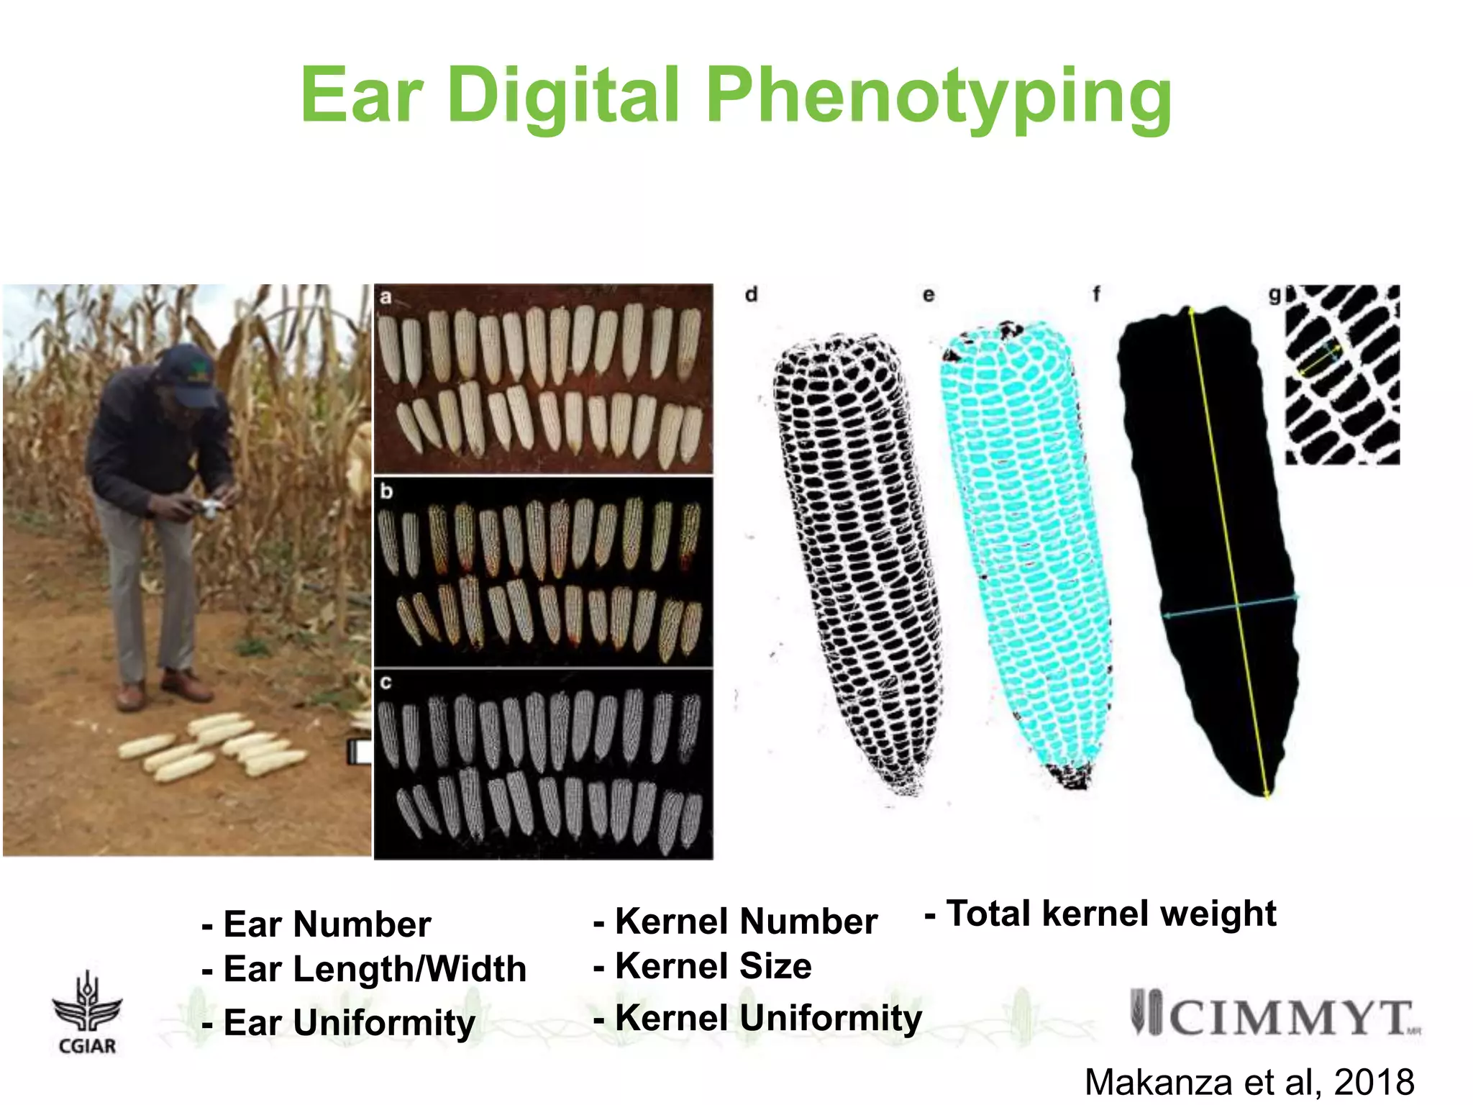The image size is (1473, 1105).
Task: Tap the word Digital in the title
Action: (563, 95)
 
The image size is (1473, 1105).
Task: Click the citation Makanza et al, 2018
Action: (1249, 1081)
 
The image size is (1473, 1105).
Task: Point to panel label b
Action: (387, 491)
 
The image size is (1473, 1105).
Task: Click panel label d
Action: (751, 294)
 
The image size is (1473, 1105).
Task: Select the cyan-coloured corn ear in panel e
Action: (1027, 547)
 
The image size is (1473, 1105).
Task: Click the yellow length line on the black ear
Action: (1226, 547)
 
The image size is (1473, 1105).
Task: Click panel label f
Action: (1096, 294)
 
